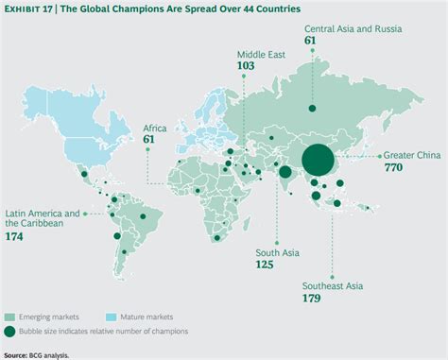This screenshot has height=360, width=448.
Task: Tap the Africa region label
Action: tap(154, 127)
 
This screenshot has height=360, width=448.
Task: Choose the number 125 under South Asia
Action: tap(265, 266)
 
